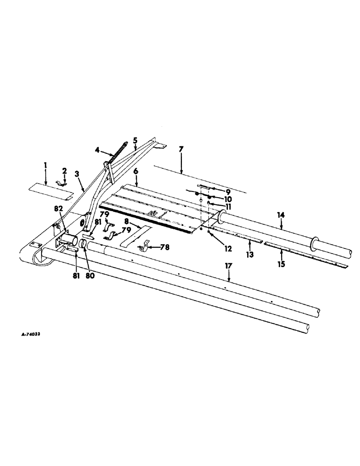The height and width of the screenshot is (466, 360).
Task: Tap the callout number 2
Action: coord(65,171)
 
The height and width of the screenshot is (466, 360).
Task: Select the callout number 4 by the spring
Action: coord(97,150)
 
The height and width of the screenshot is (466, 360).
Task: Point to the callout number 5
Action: coord(135,139)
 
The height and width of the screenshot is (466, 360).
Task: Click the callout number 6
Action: coord(136,171)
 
